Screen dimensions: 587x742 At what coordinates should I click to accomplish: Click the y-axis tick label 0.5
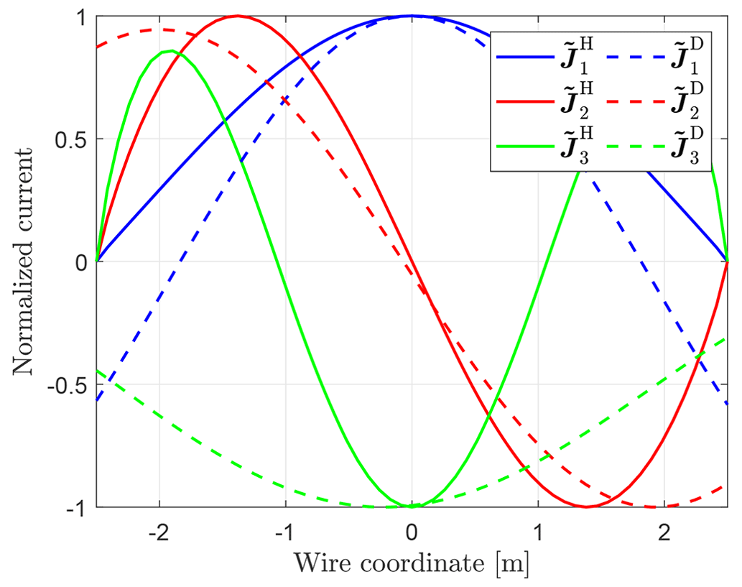tap(75, 139)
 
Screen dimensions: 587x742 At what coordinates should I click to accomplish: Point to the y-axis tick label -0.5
tap(72, 385)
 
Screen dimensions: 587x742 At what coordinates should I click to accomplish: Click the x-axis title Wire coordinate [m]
tap(412, 565)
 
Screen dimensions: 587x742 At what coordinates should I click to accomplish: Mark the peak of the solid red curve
tap(237, 16)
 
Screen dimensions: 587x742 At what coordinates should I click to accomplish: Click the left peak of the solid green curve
tap(170, 51)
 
